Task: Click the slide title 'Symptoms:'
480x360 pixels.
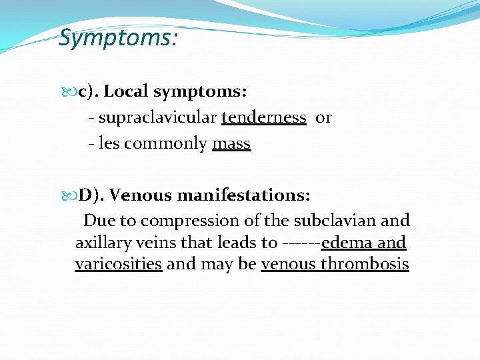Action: (118, 38)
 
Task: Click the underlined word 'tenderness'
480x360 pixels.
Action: (263, 118)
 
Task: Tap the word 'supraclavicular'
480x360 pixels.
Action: (157, 118)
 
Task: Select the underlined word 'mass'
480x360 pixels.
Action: (231, 143)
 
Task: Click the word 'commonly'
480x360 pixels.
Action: (165, 144)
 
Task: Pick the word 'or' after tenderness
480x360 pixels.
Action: (323, 118)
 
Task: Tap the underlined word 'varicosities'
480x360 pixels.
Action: (119, 264)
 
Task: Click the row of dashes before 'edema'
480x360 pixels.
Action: (301, 243)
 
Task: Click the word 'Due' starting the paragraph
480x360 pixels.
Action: (99, 220)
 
